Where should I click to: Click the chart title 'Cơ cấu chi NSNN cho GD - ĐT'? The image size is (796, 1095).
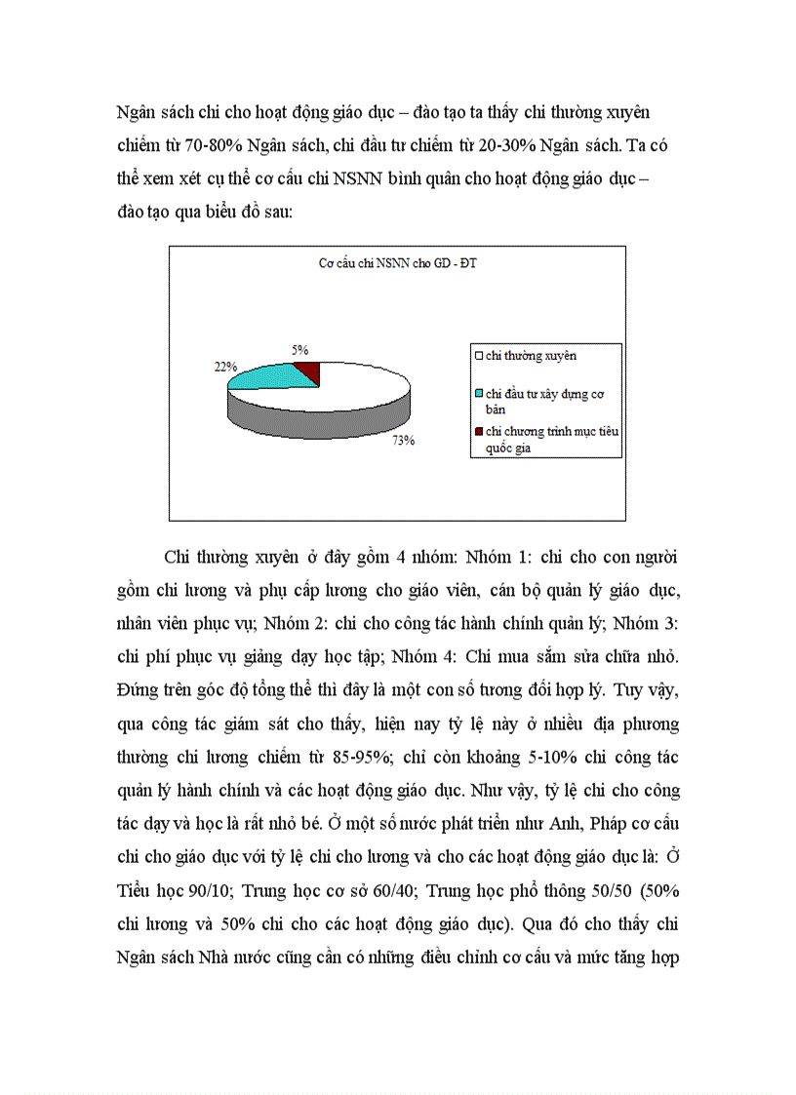(397, 263)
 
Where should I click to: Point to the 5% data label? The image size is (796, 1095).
(300, 348)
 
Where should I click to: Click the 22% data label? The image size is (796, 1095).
(224, 367)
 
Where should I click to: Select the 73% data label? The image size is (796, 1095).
(404, 440)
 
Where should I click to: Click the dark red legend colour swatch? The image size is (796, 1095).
(478, 431)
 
